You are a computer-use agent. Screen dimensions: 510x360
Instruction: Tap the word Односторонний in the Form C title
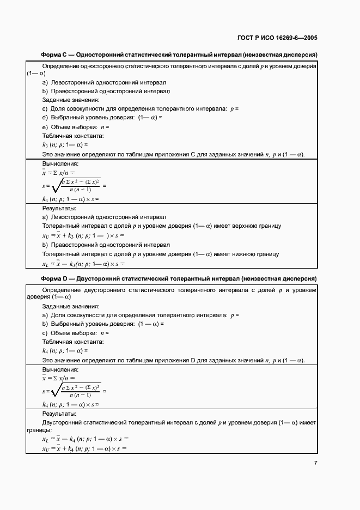click(x=101, y=55)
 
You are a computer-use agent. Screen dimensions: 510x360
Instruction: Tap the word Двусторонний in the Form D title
click(x=100, y=278)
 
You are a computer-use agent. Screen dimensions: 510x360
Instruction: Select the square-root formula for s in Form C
click(x=74, y=185)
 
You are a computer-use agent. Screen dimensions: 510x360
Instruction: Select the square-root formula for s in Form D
click(x=74, y=391)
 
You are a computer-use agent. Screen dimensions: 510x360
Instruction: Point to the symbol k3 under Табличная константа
click(x=45, y=145)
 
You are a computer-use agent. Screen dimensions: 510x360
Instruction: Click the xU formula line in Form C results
click(x=83, y=235)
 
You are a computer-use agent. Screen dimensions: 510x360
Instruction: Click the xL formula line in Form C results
click(x=83, y=264)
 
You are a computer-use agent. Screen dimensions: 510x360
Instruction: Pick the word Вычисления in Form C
click(x=60, y=163)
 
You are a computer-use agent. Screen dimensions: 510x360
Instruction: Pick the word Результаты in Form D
click(x=59, y=414)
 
